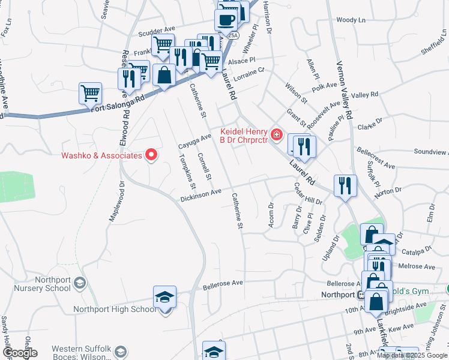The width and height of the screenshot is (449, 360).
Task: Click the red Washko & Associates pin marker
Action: (151, 155)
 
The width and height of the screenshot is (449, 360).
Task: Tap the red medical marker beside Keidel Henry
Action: (276, 134)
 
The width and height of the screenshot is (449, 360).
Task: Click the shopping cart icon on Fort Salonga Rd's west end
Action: (90, 93)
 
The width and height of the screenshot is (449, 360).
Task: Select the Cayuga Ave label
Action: (195, 142)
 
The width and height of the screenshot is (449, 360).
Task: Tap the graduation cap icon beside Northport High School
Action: (164, 298)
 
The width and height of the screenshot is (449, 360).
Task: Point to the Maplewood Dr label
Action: (116, 202)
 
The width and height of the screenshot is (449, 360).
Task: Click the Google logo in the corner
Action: (20, 353)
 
